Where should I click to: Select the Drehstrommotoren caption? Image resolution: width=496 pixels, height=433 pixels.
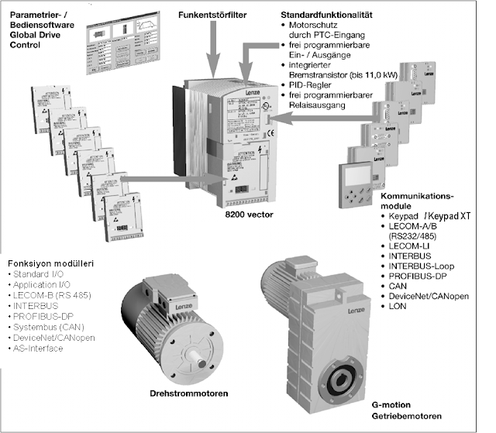click(188, 393)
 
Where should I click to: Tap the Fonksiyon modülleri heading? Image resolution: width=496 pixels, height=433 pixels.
click(50, 263)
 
